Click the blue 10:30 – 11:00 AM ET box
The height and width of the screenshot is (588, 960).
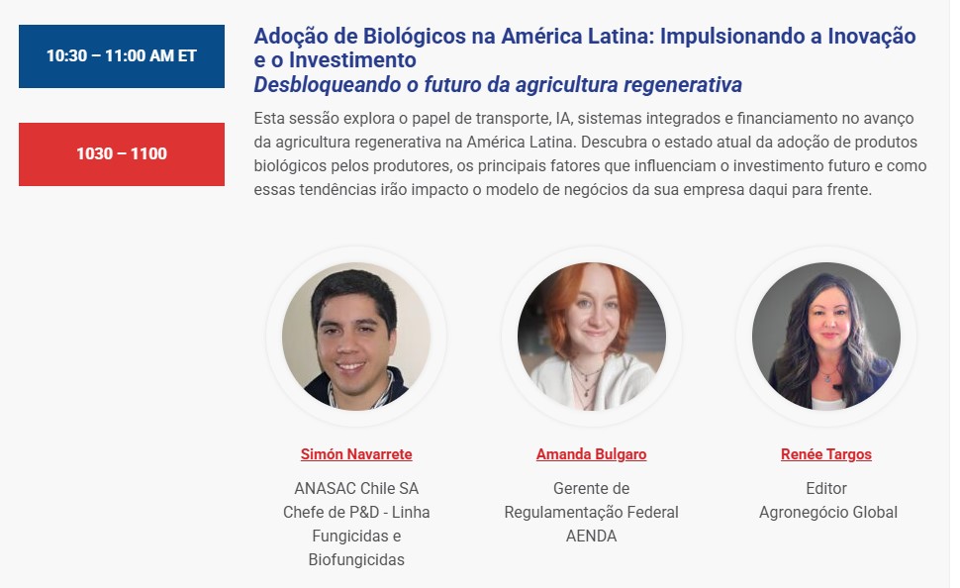(x=121, y=56)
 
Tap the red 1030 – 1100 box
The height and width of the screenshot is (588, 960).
(x=121, y=153)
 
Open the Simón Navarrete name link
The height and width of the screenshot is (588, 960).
(x=356, y=454)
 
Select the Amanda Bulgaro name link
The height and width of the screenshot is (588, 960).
(x=592, y=454)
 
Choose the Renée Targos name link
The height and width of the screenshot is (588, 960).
(x=826, y=454)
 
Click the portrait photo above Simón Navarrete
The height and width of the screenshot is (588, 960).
(x=356, y=337)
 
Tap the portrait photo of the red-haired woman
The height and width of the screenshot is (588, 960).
(x=592, y=337)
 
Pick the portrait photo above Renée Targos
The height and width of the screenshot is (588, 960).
(x=826, y=337)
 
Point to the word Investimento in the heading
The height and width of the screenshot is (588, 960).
(x=352, y=60)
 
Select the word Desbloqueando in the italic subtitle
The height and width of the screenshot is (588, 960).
(x=327, y=84)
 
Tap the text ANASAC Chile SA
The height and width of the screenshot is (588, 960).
(x=356, y=488)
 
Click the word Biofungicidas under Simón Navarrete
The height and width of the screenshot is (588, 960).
(x=356, y=560)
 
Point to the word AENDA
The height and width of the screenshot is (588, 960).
(x=592, y=536)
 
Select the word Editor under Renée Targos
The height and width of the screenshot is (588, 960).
(x=826, y=488)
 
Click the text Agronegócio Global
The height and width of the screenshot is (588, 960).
(x=828, y=512)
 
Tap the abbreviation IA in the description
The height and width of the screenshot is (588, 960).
(x=563, y=118)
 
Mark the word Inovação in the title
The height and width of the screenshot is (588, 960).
(x=872, y=37)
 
